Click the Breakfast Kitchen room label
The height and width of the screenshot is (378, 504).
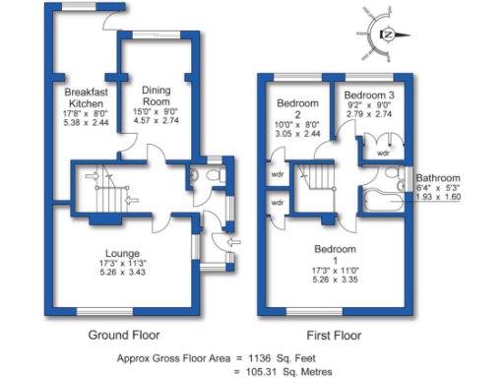click(85, 97)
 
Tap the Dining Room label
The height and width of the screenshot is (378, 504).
click(157, 94)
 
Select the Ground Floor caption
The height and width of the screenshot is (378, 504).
click(124, 335)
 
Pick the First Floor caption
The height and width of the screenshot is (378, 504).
click(334, 335)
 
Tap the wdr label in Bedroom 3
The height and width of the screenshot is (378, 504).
click(383, 154)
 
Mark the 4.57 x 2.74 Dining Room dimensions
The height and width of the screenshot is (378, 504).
click(157, 122)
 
